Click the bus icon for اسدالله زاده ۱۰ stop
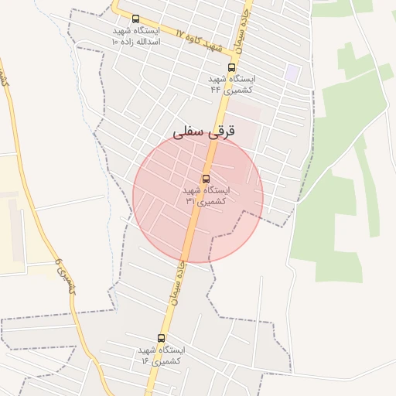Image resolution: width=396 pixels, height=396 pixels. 136,19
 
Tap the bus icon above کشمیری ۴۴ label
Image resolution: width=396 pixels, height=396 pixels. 231,68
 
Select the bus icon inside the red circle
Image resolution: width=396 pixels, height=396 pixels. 206,179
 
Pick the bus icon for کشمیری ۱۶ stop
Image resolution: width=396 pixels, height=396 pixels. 161,338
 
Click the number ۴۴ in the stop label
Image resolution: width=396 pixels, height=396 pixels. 216,89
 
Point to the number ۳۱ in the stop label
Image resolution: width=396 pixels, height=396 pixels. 190,200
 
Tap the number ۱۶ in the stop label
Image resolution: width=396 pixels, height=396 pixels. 145,360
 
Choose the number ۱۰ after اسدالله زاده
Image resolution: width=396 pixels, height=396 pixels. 115,41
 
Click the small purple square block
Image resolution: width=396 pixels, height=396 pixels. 292,73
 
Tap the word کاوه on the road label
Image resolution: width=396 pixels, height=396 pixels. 197,42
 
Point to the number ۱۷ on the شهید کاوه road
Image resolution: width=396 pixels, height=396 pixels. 180,34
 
